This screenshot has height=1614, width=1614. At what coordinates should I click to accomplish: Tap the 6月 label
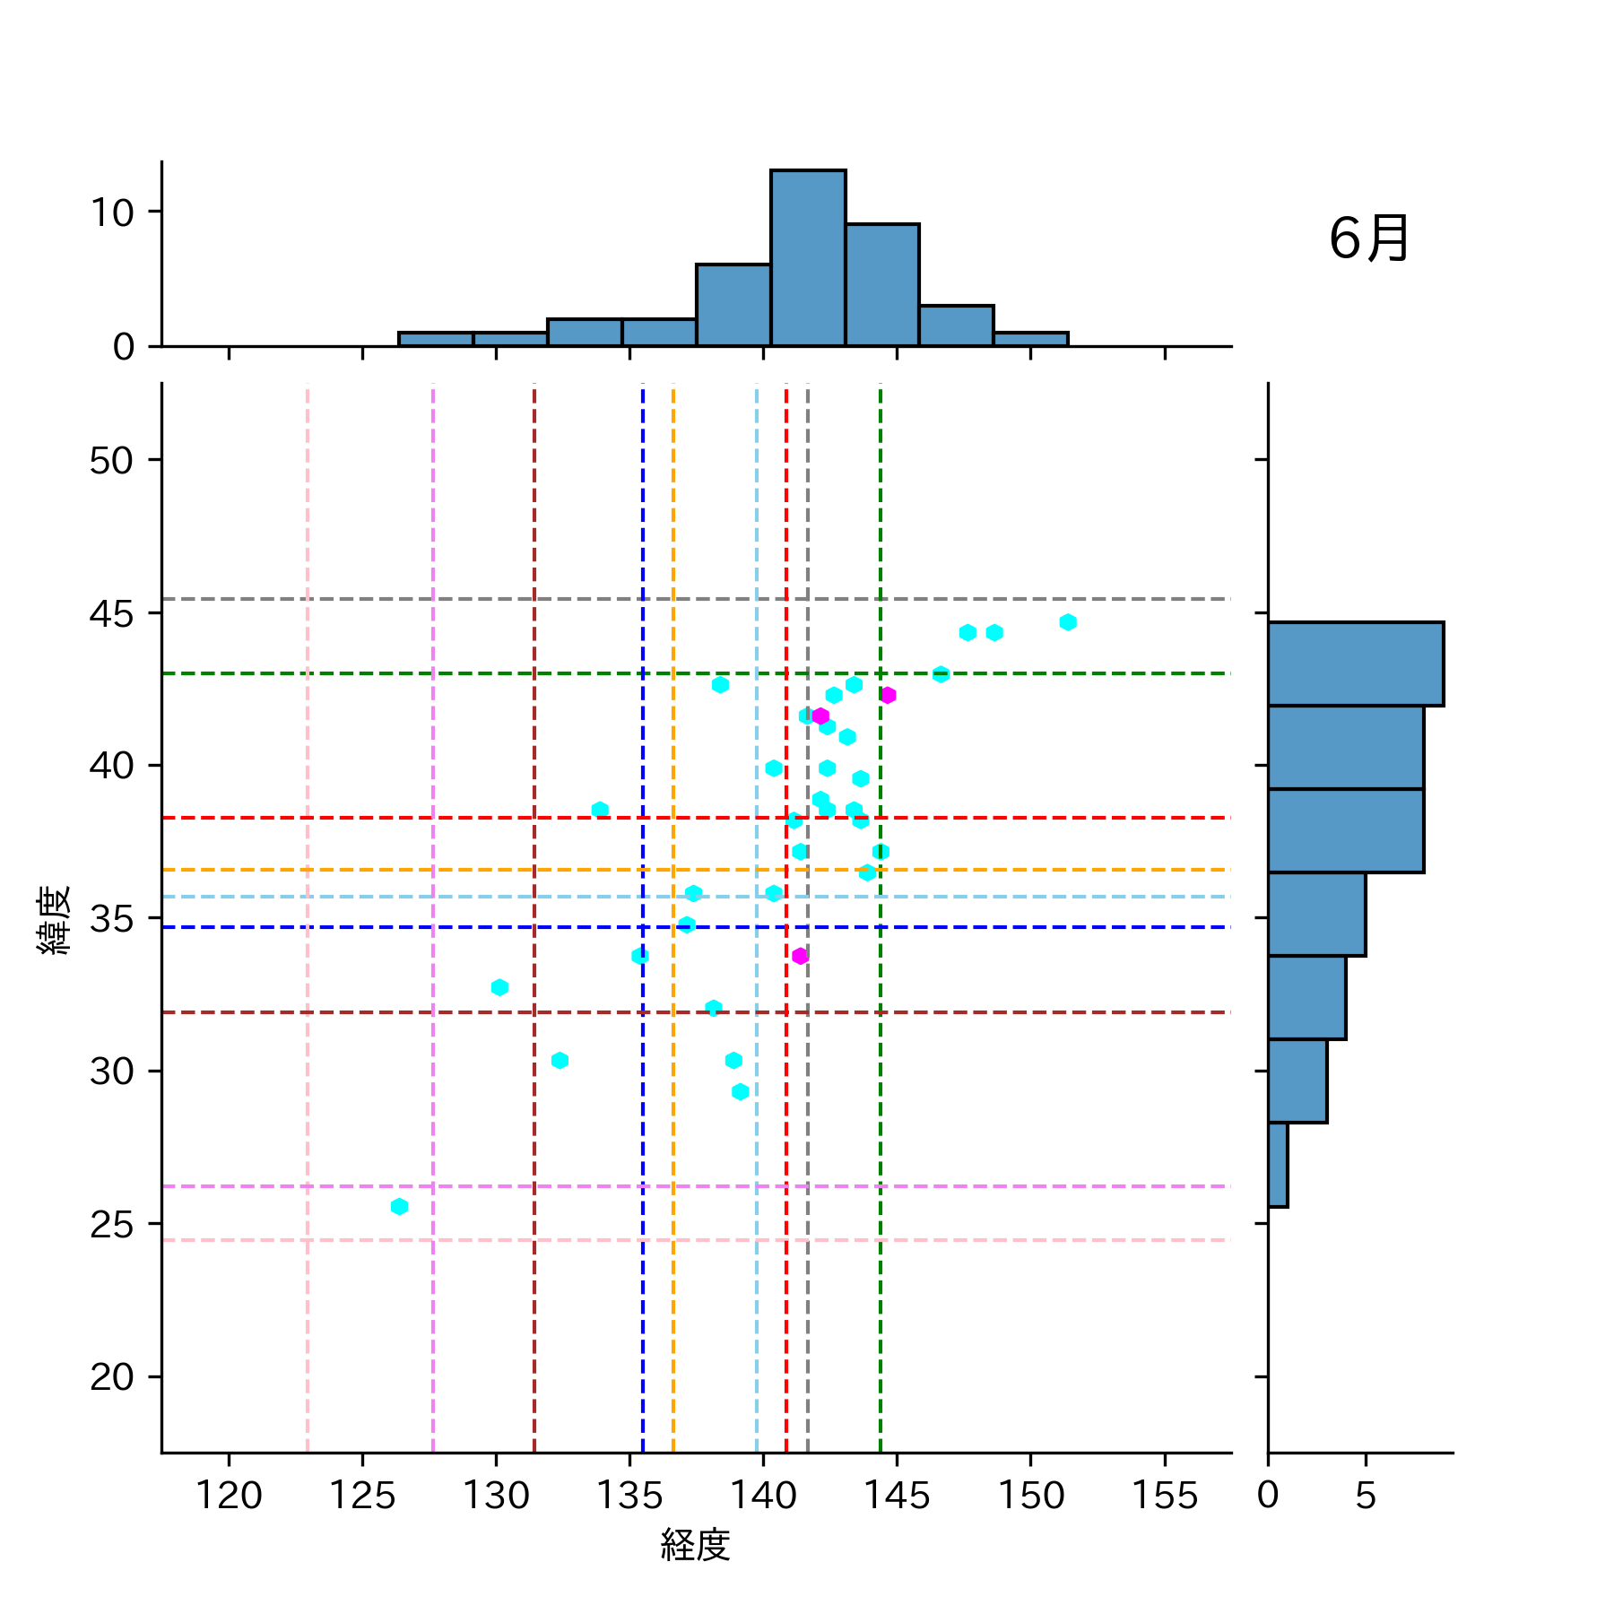1368,239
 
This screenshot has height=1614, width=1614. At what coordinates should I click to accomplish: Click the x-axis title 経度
695,1544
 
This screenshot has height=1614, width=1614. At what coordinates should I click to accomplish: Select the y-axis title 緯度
54,920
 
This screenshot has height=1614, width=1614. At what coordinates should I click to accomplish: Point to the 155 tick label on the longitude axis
1164,1496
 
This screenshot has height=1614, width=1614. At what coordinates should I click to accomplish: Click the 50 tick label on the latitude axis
111,461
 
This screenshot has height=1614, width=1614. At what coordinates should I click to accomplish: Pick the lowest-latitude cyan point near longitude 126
399,1206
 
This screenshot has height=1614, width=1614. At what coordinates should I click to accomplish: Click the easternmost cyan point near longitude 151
1067,622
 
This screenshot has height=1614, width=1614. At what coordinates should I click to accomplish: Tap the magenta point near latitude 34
800,956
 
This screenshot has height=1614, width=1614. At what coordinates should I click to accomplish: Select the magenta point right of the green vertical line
888,695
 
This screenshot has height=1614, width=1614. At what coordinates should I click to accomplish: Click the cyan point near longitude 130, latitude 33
499,987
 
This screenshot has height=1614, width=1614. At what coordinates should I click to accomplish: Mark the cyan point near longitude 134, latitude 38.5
600,810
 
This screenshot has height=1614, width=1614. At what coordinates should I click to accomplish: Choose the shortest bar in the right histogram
1278,1165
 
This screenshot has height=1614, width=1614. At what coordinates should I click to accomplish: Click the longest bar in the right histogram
1355,664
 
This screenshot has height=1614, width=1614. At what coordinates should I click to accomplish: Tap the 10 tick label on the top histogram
111,213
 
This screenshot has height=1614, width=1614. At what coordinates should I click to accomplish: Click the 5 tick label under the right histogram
1365,1496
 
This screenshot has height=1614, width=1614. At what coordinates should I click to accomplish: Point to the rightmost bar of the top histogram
1030,339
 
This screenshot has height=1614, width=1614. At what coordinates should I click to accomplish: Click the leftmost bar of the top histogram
436,339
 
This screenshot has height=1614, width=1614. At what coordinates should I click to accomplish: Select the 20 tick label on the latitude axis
111,1376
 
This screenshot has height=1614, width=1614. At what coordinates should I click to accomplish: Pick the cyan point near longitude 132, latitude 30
560,1061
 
